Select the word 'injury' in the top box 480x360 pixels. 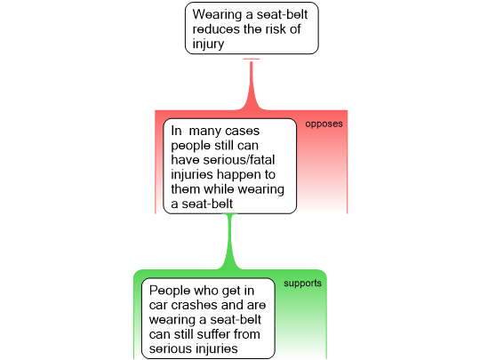pos(208,44)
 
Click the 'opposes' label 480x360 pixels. pos(324,124)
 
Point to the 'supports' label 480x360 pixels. pos(302,284)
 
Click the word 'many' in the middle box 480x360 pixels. pos(204,132)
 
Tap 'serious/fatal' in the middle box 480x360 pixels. pos(239,160)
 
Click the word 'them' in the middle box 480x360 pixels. pos(185,189)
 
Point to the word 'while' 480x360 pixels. pos(220,189)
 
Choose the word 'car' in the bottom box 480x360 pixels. pos(158,306)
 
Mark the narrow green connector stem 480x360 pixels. pos(229,241)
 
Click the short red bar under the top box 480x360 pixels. pos(252,59)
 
